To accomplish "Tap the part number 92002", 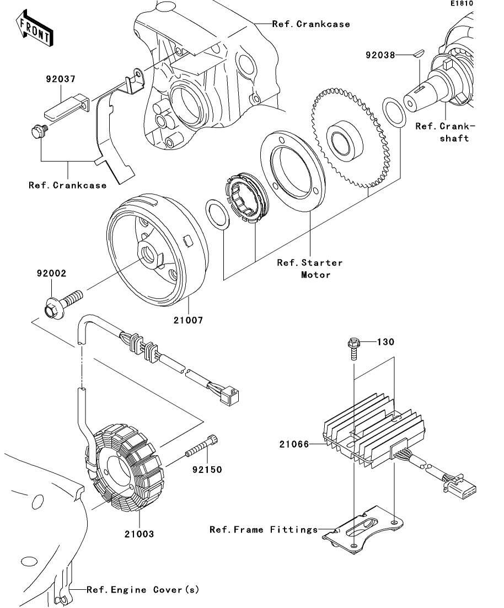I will (52, 273).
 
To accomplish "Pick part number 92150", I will (207, 470).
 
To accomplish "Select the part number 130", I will (385, 342).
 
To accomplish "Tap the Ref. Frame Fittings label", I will (264, 530).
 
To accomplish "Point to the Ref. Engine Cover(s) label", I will (143, 590).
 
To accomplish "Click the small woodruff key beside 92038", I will (417, 54).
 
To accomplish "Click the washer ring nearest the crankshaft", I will (394, 113).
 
